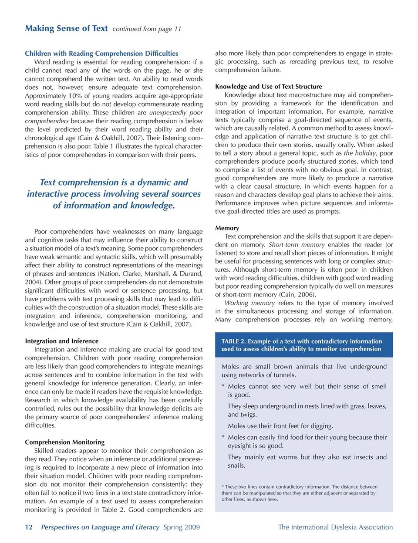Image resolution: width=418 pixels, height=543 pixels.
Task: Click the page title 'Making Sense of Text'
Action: pos(66,28)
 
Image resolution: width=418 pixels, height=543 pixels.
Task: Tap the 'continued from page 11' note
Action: pos(147,29)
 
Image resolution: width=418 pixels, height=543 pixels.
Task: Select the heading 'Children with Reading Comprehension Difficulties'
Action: pos(101,54)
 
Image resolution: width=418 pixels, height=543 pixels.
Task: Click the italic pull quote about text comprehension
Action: pos(114,194)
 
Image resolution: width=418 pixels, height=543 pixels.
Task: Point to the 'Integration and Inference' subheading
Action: pos(61,341)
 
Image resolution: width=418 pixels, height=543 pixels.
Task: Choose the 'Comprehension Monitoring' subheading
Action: pos(64,442)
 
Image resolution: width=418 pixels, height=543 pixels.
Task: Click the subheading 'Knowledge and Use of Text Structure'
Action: pos(268,87)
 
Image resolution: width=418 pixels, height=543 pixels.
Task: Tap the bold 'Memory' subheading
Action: pos(227,228)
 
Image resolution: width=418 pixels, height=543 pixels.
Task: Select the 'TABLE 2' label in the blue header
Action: pos(233,341)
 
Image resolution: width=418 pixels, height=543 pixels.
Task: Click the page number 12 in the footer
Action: pos(29,527)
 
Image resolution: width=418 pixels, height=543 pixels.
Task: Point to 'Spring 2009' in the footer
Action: pos(182,527)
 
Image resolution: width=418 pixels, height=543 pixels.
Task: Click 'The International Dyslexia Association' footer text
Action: pos(335,527)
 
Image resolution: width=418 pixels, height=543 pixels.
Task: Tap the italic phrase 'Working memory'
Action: pos(249,303)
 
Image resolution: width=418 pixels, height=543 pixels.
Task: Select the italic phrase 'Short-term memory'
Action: pos(297,245)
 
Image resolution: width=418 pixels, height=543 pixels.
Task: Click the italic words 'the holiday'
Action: pos(360,153)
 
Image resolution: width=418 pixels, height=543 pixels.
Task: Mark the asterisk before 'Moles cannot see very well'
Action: pos(223,387)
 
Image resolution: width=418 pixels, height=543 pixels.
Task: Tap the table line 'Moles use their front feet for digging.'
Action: pos(280,426)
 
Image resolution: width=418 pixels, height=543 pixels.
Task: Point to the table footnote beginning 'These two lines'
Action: pos(299,493)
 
